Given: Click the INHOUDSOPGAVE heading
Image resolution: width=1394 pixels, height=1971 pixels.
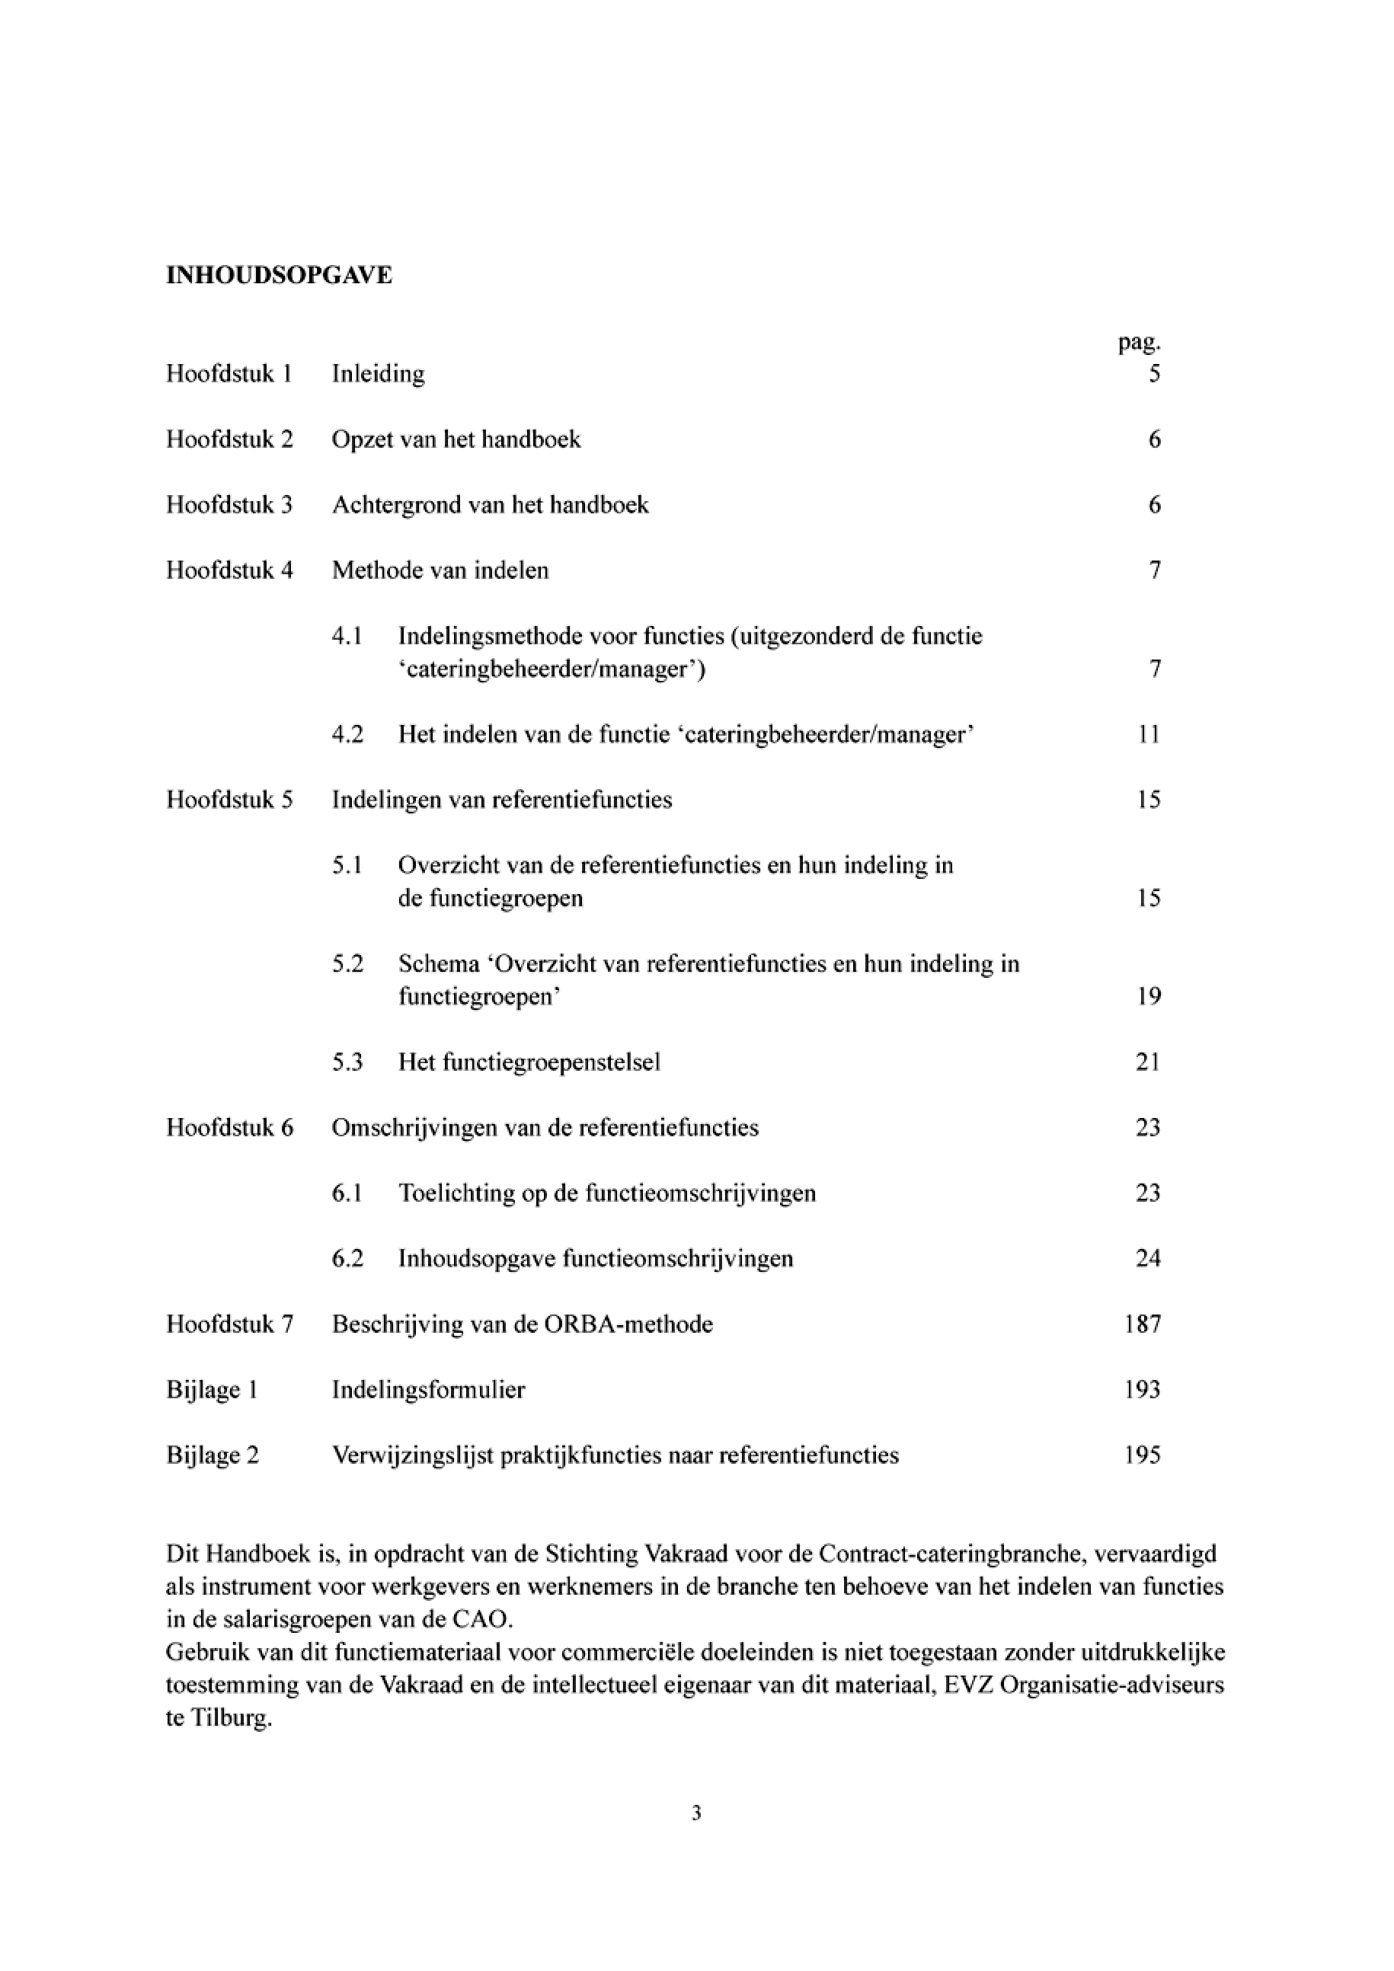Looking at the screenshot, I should click(279, 276).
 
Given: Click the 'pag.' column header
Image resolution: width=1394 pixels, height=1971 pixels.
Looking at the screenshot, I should click(1139, 343).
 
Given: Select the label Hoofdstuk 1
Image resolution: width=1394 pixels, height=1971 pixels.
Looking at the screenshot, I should click(229, 374).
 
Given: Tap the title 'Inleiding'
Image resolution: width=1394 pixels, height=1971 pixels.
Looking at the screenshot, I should click(379, 374).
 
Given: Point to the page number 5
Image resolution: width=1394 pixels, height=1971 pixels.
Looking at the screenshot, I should click(1155, 374).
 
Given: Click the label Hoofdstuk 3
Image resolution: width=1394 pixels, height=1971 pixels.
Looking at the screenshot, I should click(229, 505).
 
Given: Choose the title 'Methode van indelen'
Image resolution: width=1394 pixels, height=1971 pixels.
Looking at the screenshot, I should click(440, 571).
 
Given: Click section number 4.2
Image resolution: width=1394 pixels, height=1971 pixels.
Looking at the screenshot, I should click(347, 735).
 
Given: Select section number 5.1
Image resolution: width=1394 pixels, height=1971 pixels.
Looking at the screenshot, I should click(347, 865).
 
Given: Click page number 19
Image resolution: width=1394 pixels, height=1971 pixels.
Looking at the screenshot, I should click(1149, 997).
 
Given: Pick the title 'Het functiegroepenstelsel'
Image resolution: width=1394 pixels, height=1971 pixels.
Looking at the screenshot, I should click(529, 1062).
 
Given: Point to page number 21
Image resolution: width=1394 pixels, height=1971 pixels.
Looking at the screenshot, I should click(1148, 1062).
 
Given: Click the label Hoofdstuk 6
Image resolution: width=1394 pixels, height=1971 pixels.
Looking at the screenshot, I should click(229, 1128).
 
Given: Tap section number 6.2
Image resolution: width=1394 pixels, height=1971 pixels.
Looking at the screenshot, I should click(347, 1260).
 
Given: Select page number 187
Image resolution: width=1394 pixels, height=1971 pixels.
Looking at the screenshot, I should click(1143, 1324).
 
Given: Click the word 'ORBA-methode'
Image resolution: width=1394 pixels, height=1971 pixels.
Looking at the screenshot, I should click(628, 1324).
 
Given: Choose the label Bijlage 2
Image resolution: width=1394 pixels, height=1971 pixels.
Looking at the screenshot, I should click(212, 1456).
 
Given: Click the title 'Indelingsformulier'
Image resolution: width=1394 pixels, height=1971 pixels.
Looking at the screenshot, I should click(428, 1390).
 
